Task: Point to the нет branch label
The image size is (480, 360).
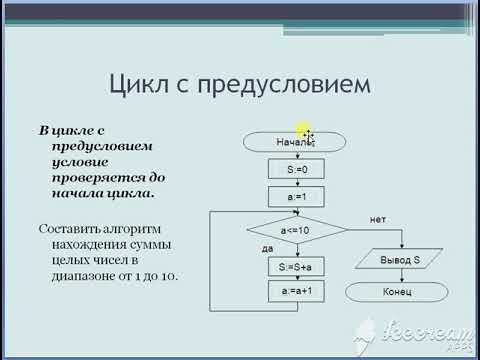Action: pyautogui.click(x=377, y=218)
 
